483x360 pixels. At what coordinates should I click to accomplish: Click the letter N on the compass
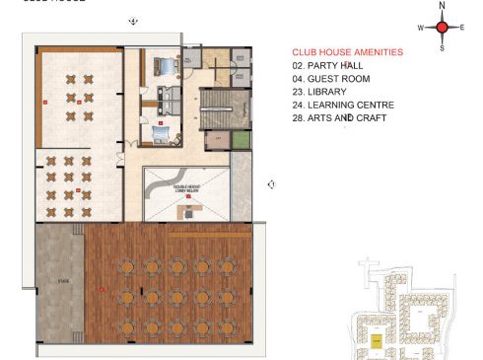443,7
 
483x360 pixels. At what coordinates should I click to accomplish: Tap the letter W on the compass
421,28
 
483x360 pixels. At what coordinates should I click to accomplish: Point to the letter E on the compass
462,28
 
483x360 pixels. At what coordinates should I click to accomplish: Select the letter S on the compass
443,47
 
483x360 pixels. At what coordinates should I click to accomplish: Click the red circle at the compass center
443,28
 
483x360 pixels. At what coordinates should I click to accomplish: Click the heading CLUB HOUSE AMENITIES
348,52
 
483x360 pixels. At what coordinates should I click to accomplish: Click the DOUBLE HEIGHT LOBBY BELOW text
188,186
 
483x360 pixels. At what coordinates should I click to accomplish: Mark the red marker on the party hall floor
102,288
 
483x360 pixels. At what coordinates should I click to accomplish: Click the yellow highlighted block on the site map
376,339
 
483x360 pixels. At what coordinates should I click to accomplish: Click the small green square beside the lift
240,140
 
